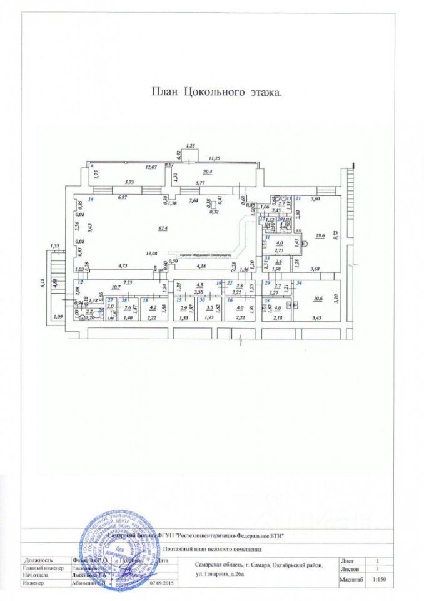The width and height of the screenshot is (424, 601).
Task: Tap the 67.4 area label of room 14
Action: coord(145,229)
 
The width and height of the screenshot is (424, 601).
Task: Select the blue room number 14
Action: coord(91,199)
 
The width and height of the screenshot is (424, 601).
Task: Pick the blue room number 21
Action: coord(299,198)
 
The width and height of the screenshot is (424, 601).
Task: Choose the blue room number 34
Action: coord(299,284)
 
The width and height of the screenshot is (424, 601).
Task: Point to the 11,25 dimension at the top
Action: coord(216,159)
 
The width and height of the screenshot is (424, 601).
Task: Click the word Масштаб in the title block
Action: coord(351,580)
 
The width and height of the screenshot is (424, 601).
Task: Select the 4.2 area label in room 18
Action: coord(153,307)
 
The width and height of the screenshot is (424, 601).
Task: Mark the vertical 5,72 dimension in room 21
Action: coord(335,236)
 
